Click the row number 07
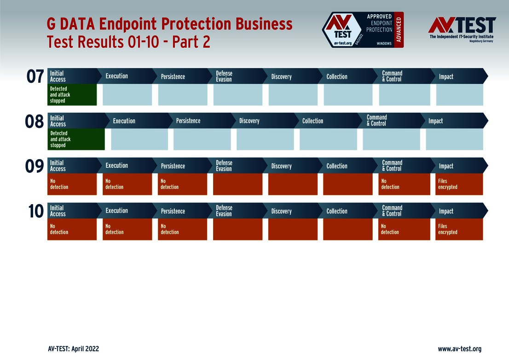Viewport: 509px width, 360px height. pyautogui.click(x=35, y=76)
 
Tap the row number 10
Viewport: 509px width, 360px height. pyautogui.click(x=36, y=211)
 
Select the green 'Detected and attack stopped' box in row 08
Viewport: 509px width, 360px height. pyautogui.click(x=76, y=139)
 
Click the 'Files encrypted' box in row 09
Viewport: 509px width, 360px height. pyautogui.click(x=459, y=184)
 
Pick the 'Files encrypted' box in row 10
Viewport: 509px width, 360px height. pyautogui.click(x=459, y=229)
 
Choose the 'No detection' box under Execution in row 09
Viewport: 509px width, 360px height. pyautogui.click(x=127, y=184)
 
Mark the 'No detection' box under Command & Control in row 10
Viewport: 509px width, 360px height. pyautogui.click(x=404, y=229)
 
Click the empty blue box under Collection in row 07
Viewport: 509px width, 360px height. pyautogui.click(x=348, y=95)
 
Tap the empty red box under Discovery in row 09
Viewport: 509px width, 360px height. pyautogui.click(x=293, y=184)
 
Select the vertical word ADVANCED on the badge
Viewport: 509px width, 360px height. pyautogui.click(x=399, y=30)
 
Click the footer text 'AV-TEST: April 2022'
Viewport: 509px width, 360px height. pyautogui.click(x=73, y=349)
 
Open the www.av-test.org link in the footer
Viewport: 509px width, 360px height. pyautogui.click(x=460, y=349)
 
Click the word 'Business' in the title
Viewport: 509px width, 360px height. pyautogui.click(x=264, y=24)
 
